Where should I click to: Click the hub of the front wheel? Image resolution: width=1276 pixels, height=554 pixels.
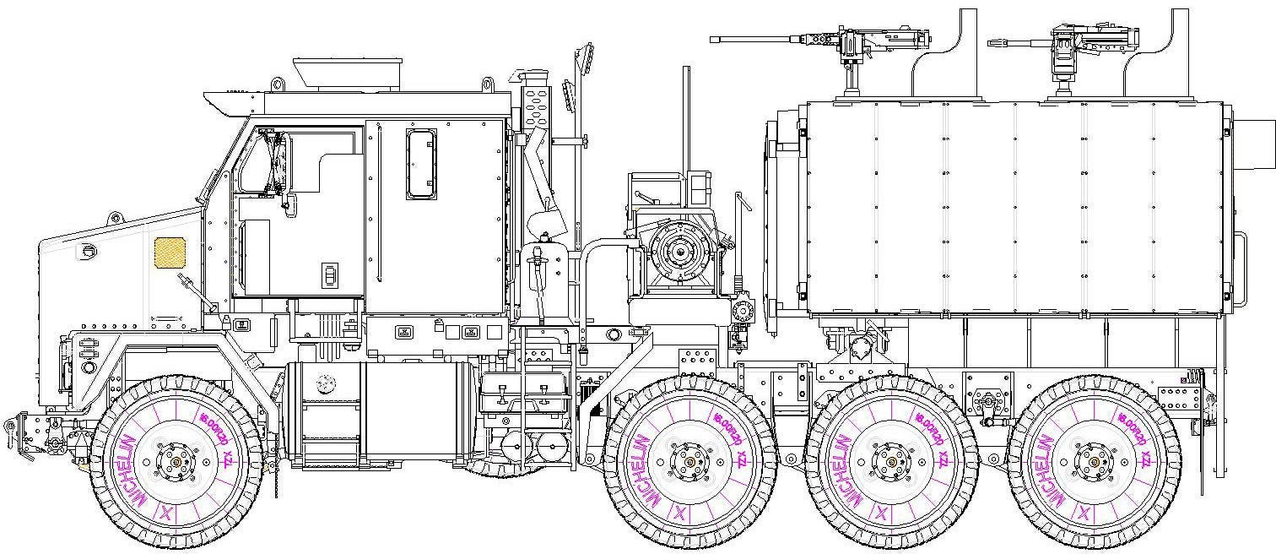[176, 461]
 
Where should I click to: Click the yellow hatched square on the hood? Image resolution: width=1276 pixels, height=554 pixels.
[170, 252]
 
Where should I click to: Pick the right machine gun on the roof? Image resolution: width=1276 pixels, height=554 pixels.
[1059, 38]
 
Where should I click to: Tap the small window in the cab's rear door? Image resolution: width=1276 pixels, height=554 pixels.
[421, 164]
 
